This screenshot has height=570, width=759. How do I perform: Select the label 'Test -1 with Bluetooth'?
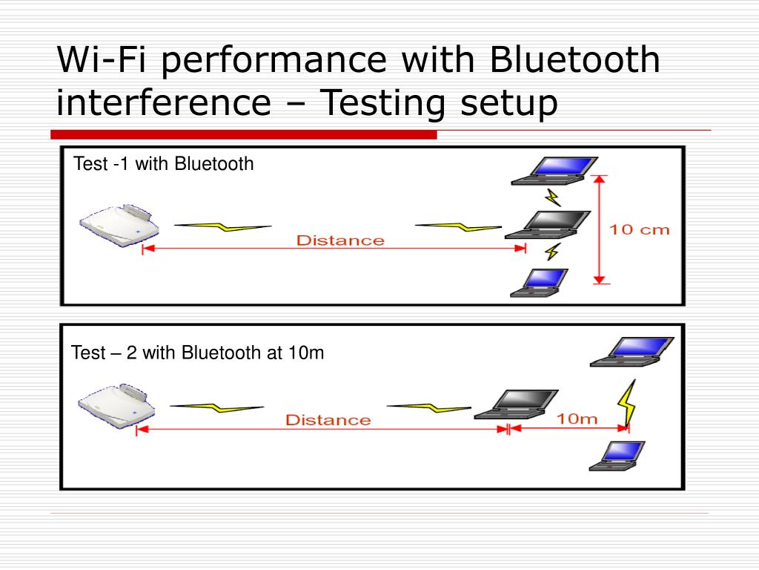pos(163,164)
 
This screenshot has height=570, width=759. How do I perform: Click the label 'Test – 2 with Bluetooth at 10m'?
pos(197,353)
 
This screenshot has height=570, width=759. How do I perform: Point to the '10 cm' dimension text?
pos(639,229)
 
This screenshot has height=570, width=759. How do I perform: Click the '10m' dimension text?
pos(577,419)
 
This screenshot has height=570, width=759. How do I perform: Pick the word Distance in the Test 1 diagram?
pos(340,240)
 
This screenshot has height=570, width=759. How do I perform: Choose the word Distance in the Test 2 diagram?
pos(328,420)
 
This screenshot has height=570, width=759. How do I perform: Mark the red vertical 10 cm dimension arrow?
pos(600,229)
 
